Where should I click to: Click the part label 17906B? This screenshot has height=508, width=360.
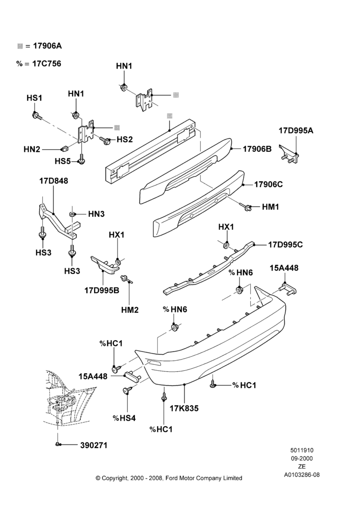coord(257,149)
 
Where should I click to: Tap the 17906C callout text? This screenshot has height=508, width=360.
coord(268,184)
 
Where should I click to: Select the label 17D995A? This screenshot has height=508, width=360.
coord(296,131)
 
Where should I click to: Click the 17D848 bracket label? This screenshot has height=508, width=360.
coord(54,181)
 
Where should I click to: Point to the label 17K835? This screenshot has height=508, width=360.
coord(184,408)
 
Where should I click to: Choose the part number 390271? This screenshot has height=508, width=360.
coord(94,445)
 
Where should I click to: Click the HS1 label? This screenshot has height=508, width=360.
coord(35,98)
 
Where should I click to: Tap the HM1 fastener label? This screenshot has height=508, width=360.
coord(271,207)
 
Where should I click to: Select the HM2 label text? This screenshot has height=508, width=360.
coord(130,310)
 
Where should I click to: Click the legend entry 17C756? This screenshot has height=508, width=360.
coord(46,63)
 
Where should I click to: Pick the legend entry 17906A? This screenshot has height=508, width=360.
coord(47,46)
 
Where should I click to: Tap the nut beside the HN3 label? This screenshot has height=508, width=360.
coord(72,214)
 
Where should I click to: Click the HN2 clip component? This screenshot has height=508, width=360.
coord(64,149)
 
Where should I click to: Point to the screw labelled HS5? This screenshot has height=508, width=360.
coord(82,158)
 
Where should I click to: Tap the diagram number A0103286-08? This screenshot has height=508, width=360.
coord(302,475)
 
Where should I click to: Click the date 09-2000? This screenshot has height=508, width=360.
coord(302,458)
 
